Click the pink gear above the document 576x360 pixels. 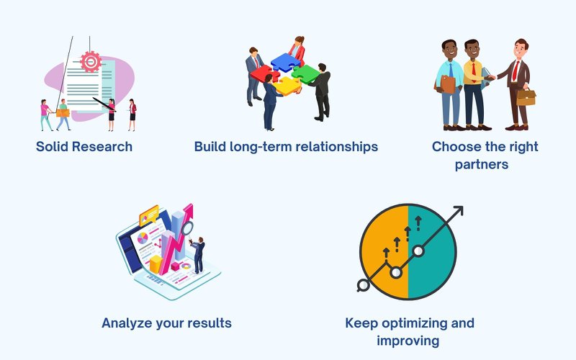tap(91, 61)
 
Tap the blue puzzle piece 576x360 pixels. tap(285, 61)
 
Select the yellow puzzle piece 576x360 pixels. tap(287, 86)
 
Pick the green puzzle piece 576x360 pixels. tap(305, 73)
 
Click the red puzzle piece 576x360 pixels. tap(264, 73)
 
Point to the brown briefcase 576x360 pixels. tap(526, 96)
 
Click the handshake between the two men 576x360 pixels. tap(490, 78)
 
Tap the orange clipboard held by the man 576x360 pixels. tap(447, 84)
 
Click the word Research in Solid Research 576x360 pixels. tap(102, 147)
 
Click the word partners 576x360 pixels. tap(482, 164)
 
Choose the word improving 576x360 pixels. tap(408, 341)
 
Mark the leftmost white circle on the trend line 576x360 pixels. tap(364, 285)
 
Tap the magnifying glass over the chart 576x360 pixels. tap(187, 229)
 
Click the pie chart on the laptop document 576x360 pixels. tap(143, 238)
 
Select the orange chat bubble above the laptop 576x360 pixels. tap(149, 215)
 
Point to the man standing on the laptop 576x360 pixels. tap(198, 255)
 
